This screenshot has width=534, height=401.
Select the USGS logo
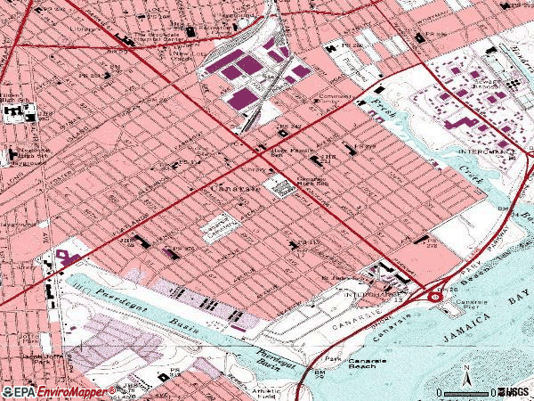click(515, 391)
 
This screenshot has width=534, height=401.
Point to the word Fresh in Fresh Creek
click(381, 110)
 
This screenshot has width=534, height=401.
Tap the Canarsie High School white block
click(282, 188)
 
